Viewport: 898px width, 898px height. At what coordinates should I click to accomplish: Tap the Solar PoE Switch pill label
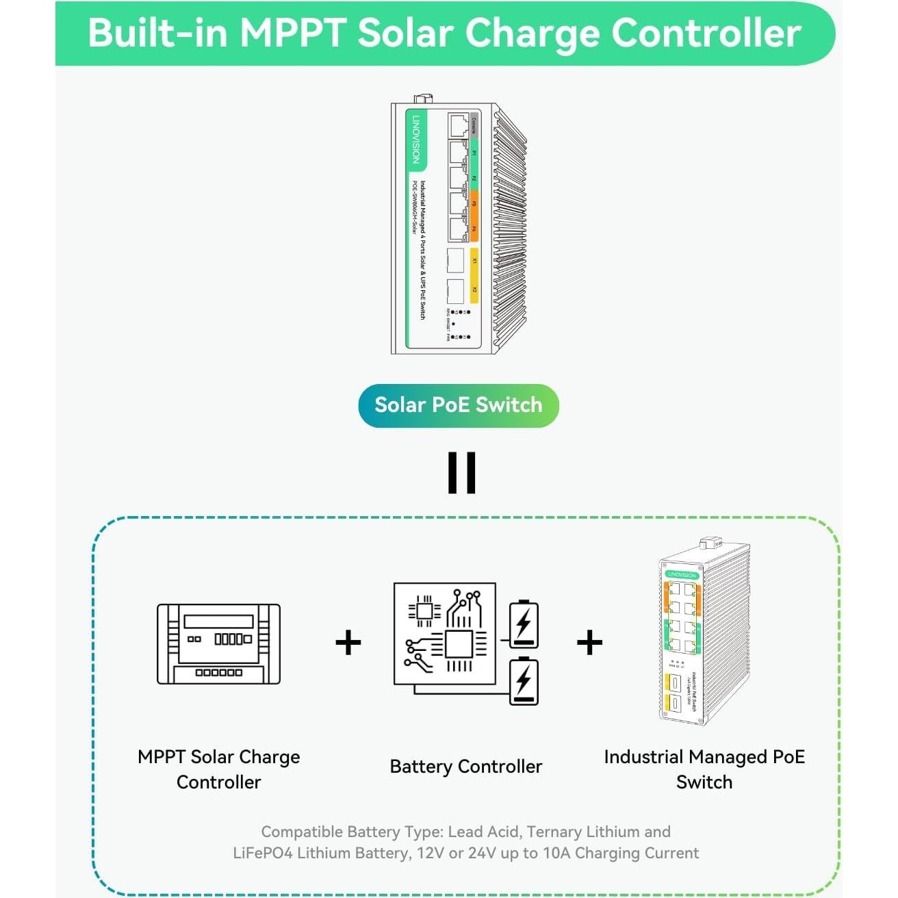(x=458, y=405)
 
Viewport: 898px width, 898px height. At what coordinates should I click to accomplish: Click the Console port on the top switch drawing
(x=459, y=125)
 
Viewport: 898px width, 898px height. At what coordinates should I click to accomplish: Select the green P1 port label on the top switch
(x=474, y=153)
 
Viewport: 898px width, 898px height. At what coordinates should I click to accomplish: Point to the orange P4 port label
(x=474, y=229)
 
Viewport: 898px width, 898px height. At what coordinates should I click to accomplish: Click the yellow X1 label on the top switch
(x=474, y=260)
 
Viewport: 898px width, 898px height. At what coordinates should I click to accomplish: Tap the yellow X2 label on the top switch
(x=474, y=290)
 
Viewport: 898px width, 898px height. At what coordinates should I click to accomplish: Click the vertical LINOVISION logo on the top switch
(x=416, y=139)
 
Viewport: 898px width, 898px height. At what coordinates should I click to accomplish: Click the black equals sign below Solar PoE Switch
(x=461, y=472)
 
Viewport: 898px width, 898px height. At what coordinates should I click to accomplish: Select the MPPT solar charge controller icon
(x=218, y=643)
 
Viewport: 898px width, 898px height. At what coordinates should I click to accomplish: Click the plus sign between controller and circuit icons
(x=348, y=643)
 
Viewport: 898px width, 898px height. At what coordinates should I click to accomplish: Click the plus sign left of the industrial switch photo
(x=589, y=643)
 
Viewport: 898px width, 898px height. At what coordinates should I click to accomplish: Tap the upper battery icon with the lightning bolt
(x=524, y=624)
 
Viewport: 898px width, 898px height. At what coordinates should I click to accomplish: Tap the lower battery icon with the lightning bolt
(x=524, y=680)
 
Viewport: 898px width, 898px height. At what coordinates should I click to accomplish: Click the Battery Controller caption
(x=465, y=767)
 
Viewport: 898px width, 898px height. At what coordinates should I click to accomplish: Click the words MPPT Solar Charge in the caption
(x=218, y=757)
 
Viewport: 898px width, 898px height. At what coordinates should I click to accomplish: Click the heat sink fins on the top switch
(x=510, y=226)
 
